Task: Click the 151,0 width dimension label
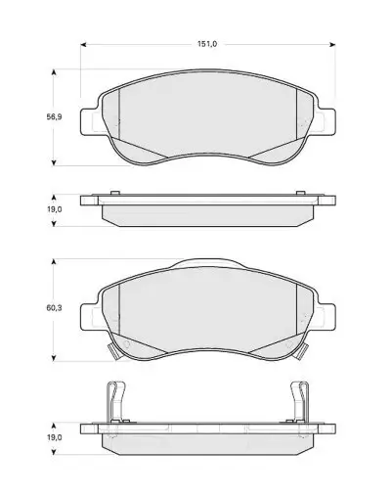pyautogui.click(x=207, y=44)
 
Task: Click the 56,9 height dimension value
pyautogui.click(x=54, y=116)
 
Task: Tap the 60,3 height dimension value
pyautogui.click(x=54, y=307)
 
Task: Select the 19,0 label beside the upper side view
pyautogui.click(x=54, y=209)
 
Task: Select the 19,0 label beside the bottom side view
pyautogui.click(x=54, y=437)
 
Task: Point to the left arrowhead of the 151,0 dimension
pyautogui.click(x=83, y=44)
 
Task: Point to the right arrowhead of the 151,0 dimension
pyautogui.click(x=332, y=44)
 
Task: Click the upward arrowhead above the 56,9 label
pyautogui.click(x=55, y=72)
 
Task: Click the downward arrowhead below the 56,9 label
pyautogui.click(x=55, y=162)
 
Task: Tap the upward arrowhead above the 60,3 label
pyautogui.click(x=55, y=262)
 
